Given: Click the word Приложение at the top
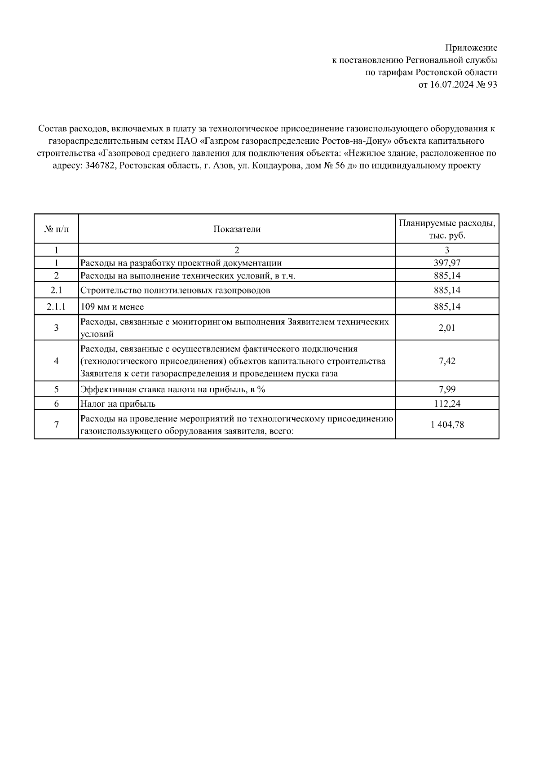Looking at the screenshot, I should [x=471, y=48].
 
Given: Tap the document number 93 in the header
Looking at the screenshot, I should [x=492, y=84].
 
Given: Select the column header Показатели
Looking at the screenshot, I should [x=237, y=229].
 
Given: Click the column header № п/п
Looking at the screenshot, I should [x=57, y=229].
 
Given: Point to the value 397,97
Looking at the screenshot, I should [x=447, y=263].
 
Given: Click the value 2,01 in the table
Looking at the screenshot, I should [x=447, y=328].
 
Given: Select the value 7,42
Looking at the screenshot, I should [x=447, y=361].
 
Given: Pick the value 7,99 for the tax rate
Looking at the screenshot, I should [x=447, y=389].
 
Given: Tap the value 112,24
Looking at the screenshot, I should [x=447, y=404].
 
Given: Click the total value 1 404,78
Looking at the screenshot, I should [x=447, y=424].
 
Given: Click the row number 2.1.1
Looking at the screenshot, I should [x=57, y=307].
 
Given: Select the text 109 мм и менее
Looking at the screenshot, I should [x=112, y=307].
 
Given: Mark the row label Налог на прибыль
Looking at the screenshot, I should [x=118, y=404].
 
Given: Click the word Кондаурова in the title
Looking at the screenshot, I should [x=273, y=165].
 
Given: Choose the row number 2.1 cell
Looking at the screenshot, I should [x=57, y=290].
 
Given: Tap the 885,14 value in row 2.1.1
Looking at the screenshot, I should [x=447, y=307].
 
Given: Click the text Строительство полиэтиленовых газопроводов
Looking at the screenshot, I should [x=175, y=290].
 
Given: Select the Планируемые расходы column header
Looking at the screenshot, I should [x=447, y=229].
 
